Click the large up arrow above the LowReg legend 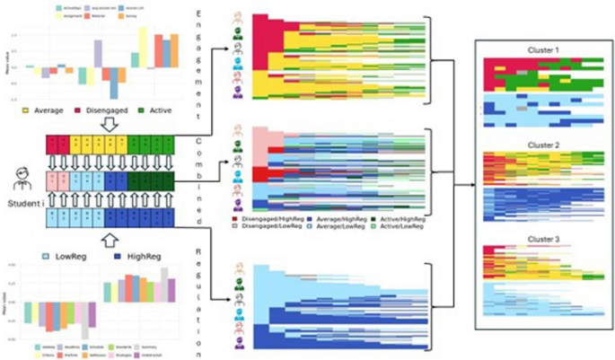[107, 241]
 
